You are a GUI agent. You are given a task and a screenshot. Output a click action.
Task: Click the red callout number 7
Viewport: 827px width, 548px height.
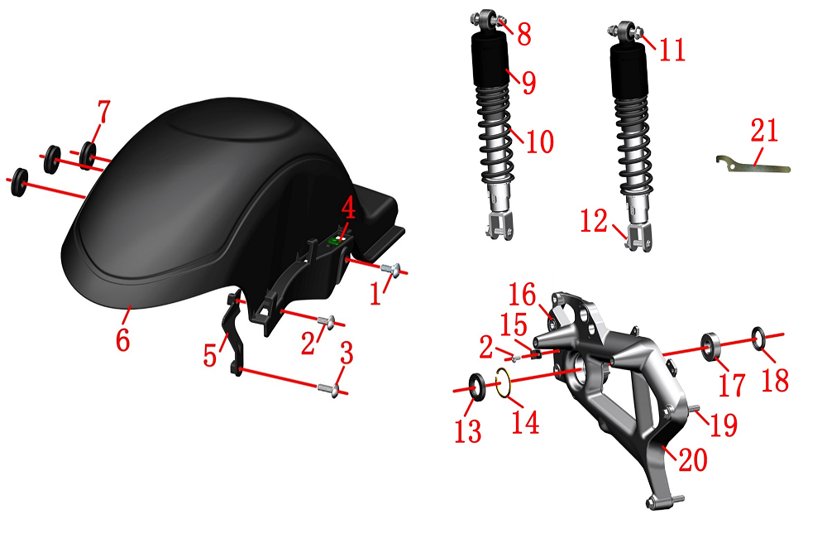[104, 112]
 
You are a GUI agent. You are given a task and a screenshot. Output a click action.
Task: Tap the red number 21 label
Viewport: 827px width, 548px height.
[764, 130]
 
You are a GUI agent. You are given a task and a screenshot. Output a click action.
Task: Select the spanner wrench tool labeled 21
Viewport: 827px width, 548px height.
[753, 166]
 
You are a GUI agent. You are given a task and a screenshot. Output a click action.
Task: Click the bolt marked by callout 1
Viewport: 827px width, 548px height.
[391, 269]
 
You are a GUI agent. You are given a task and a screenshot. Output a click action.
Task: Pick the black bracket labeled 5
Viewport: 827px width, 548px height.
[235, 333]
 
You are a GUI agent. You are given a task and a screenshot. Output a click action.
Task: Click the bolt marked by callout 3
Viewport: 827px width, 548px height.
[328, 389]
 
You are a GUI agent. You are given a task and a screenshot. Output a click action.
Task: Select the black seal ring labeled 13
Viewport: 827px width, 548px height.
[477, 387]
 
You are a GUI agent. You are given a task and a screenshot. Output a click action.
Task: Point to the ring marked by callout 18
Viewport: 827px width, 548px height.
[758, 338]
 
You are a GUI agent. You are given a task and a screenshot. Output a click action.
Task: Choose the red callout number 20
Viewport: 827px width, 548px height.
[692, 459]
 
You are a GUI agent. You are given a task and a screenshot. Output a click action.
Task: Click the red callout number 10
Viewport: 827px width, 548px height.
[539, 142]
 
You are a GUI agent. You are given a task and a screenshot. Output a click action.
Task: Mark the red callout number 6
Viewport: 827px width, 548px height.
[122, 339]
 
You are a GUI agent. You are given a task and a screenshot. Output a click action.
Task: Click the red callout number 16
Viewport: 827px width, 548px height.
[522, 294]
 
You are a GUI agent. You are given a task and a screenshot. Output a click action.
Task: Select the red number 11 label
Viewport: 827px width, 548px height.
[672, 50]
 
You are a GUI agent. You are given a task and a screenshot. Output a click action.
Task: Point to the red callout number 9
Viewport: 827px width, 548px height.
[529, 82]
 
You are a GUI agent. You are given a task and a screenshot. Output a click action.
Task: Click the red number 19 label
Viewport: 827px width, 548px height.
[724, 425]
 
